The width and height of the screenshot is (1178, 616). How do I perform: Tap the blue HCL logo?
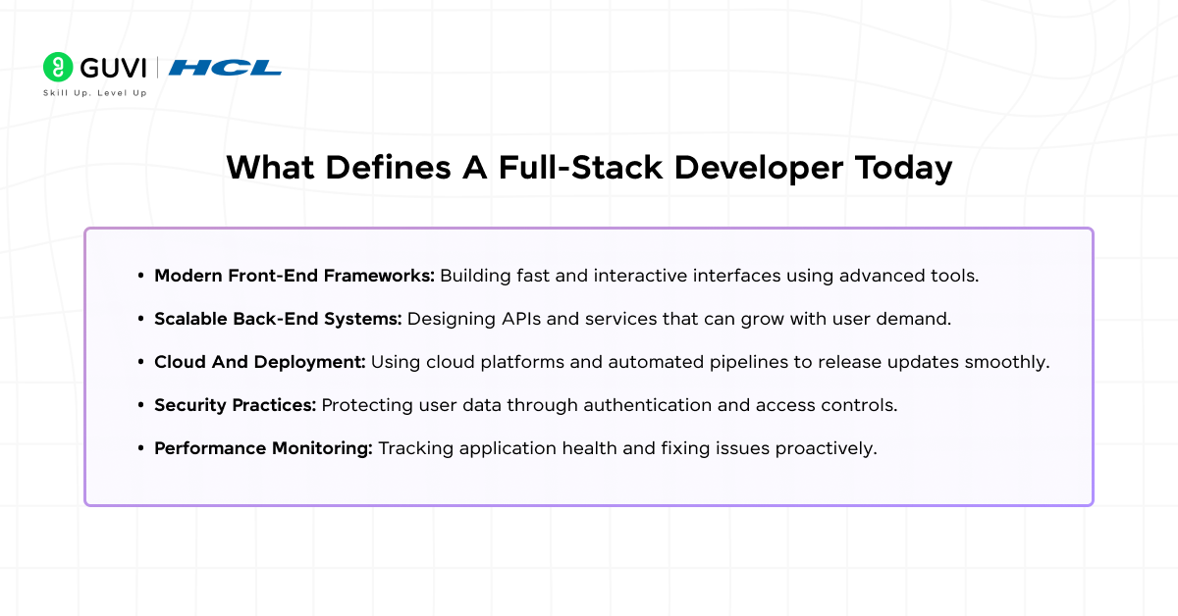click(x=225, y=68)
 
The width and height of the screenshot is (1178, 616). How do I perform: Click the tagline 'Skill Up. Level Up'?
click(x=94, y=92)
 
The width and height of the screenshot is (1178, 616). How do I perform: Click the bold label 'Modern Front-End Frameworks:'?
click(x=294, y=276)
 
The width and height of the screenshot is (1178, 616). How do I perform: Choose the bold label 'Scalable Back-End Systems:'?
click(x=278, y=319)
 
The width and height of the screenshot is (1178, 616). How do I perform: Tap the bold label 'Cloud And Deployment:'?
click(x=259, y=362)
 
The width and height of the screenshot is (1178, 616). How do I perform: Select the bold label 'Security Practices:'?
click(x=236, y=405)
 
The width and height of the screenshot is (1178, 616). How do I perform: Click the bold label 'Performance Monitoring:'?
click(x=263, y=448)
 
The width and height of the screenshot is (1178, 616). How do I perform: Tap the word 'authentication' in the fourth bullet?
click(x=617, y=405)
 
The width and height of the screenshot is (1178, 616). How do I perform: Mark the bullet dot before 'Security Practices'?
click(x=142, y=405)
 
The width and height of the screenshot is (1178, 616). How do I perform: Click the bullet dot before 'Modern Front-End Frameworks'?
click(x=142, y=276)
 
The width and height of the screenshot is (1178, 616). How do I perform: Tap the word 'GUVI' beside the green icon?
click(x=110, y=67)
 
